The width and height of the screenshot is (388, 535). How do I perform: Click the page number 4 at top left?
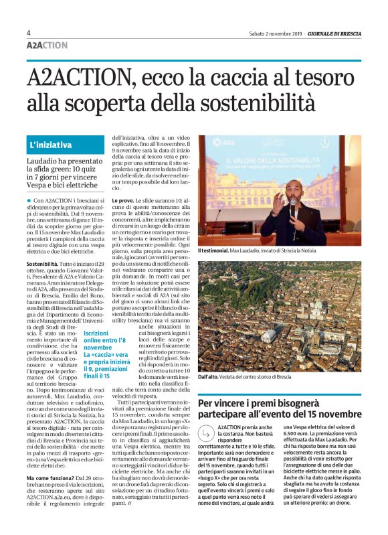pyautogui.click(x=29, y=33)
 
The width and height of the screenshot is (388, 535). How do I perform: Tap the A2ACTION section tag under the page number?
pyautogui.click(x=47, y=46)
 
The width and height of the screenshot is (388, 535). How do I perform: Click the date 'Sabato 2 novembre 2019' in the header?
pyautogui.click(x=276, y=33)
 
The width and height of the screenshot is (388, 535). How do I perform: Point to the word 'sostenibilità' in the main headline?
pyautogui.click(x=258, y=103)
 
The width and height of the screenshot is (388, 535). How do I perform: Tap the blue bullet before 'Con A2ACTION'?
pyautogui.click(x=29, y=200)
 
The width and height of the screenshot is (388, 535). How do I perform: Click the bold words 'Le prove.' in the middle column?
pyautogui.click(x=126, y=200)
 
